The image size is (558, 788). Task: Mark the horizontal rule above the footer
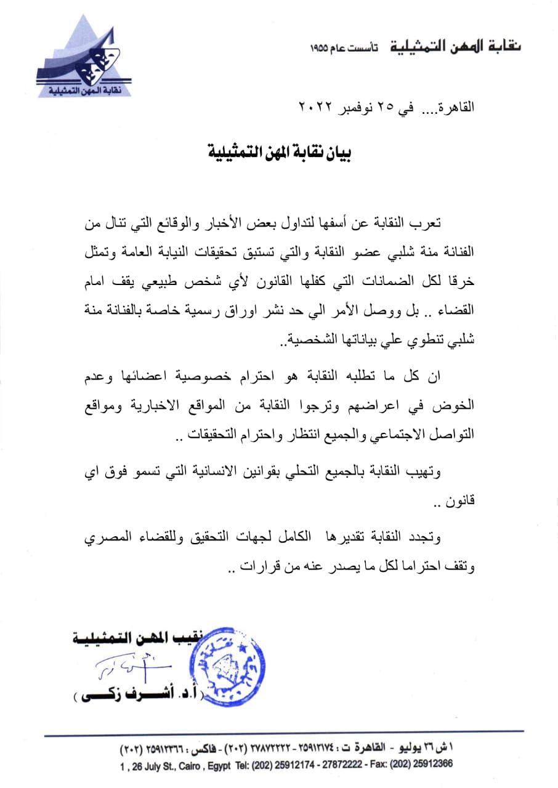pos(283,732)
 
